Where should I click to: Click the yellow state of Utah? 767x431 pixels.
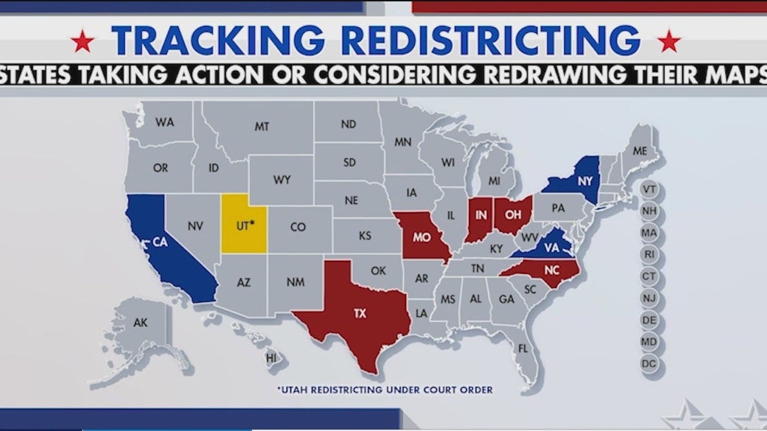tap(243, 223)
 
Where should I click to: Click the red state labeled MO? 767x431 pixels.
tap(422, 237)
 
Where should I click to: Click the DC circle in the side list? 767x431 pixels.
tap(649, 364)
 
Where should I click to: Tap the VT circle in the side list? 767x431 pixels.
tap(649, 190)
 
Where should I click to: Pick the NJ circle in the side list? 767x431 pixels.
tap(649, 298)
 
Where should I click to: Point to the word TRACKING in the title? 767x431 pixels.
tap(218, 40)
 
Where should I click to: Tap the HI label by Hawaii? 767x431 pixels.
tap(271, 357)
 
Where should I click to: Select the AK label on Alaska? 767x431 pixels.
tap(141, 322)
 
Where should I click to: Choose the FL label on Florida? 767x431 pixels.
tap(523, 348)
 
